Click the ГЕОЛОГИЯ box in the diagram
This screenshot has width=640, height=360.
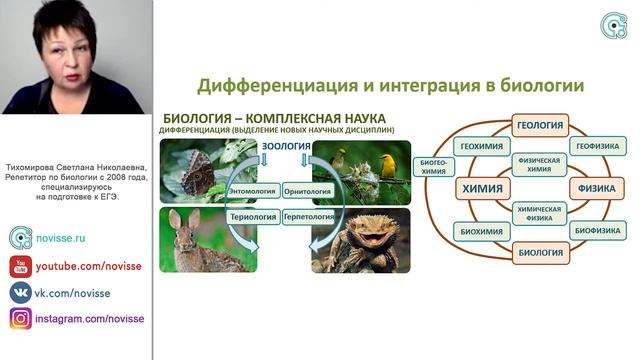tap(540, 126)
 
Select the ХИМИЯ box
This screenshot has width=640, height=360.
tap(480, 187)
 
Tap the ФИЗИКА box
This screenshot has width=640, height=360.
tap(595, 187)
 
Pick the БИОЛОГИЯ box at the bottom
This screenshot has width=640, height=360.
tap(540, 251)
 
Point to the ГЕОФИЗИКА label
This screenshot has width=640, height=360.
tap(597, 146)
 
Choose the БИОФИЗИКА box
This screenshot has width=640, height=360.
tap(597, 229)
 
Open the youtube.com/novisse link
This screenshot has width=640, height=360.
tap(74, 267)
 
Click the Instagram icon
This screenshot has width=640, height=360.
tap(20, 319)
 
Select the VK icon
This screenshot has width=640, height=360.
tap(20, 293)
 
